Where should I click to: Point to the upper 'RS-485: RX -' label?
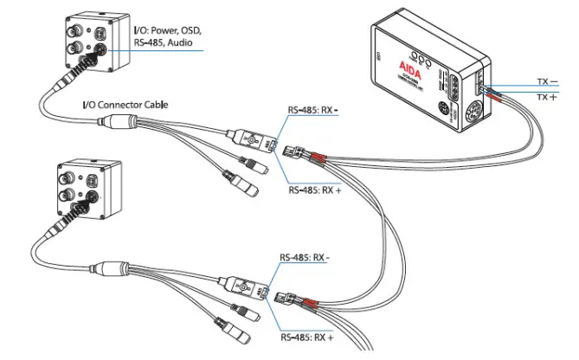click(313, 110)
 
